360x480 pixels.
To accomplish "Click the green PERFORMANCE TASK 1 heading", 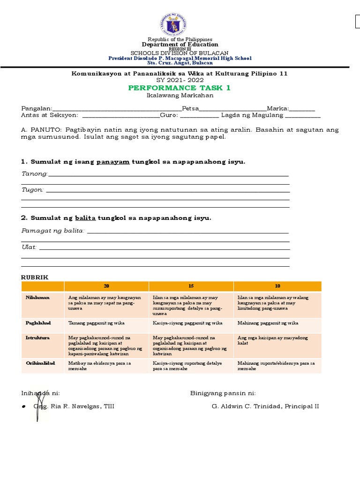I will (180, 88).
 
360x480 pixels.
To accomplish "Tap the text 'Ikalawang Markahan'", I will (180, 95).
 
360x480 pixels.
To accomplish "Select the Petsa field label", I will (194, 108).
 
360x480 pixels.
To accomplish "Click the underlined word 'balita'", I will (85, 218).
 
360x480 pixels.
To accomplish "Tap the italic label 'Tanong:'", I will (35, 174).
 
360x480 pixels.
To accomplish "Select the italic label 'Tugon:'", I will (33, 189).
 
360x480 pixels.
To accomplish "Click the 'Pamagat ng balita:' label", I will (53, 230).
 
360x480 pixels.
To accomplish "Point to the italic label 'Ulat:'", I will (29, 247).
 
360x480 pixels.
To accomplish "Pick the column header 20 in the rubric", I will (106, 286).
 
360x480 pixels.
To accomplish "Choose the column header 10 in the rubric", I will (277, 286).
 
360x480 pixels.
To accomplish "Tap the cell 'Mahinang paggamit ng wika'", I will (268, 323).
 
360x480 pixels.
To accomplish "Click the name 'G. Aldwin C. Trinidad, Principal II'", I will (265, 406).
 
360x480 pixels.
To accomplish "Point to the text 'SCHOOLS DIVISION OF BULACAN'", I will (180, 53).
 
